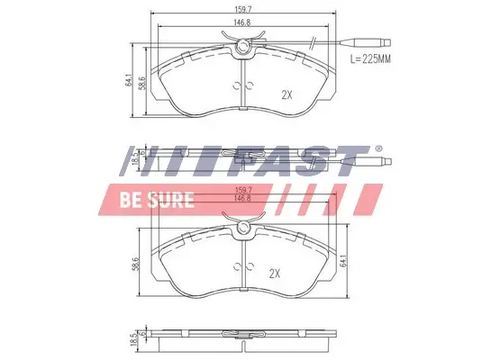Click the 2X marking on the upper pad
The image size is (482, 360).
click(x=287, y=94)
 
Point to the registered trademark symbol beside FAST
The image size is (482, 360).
click(x=377, y=148)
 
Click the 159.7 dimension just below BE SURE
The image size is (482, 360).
click(x=241, y=190)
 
